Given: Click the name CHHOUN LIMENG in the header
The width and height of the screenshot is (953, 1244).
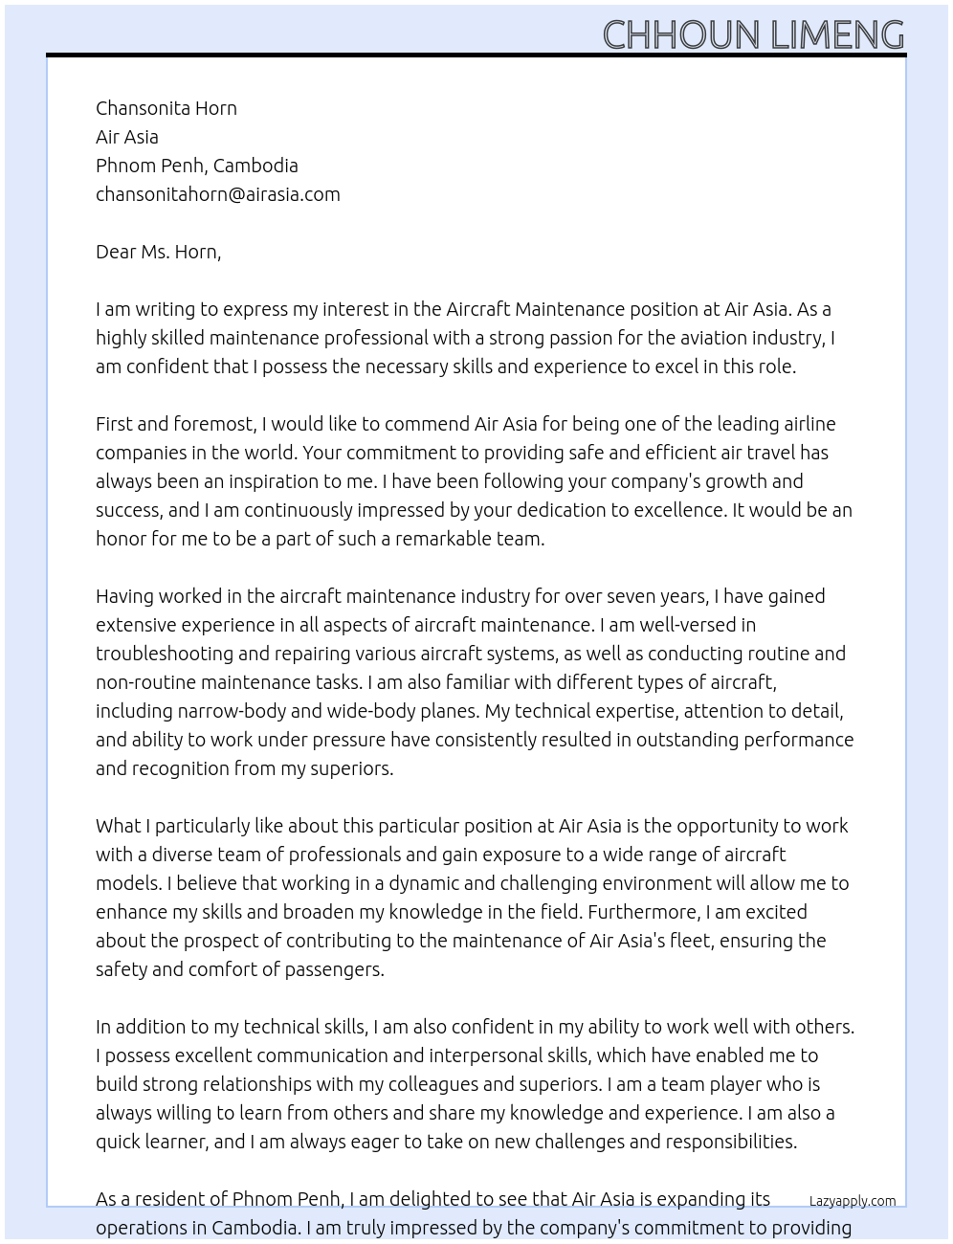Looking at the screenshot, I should [x=753, y=35].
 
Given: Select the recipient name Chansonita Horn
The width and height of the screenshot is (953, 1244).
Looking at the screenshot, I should [x=166, y=108].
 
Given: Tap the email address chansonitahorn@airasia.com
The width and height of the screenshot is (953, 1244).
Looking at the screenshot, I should [x=218, y=194].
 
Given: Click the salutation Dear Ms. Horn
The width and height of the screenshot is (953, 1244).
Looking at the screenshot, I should [x=158, y=252].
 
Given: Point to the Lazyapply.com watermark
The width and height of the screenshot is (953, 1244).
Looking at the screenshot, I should [x=853, y=1201].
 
